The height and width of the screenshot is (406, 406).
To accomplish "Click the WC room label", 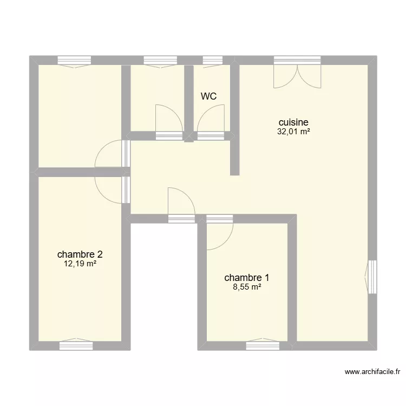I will [x=209, y=97].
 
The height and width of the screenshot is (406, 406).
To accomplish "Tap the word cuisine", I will [x=293, y=123].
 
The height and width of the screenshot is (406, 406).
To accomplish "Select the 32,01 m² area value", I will [x=293, y=131].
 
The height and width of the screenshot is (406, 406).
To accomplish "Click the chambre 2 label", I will [x=80, y=254].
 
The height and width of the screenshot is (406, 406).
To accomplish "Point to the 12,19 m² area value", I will [x=80, y=264].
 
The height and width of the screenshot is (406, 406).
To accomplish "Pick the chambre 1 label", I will [x=247, y=278].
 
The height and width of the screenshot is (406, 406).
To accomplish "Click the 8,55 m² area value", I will [x=247, y=287].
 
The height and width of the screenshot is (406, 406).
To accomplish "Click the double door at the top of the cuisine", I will [x=297, y=74].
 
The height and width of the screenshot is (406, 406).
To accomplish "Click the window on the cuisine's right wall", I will [x=371, y=277].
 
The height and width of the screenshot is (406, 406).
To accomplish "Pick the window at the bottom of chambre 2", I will [x=76, y=342].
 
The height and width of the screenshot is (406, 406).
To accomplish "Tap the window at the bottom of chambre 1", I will [x=263, y=343].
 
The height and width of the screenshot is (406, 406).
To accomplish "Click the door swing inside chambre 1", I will [x=219, y=237].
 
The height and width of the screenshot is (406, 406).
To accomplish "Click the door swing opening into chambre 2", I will [x=108, y=189].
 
